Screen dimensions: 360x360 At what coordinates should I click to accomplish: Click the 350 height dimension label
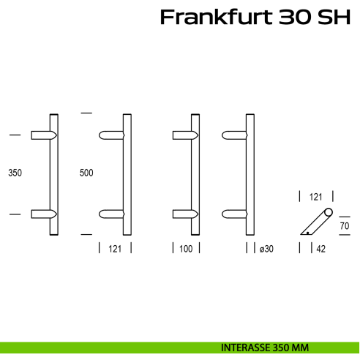(x=15, y=174)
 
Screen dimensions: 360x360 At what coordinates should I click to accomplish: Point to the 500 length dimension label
(x=86, y=173)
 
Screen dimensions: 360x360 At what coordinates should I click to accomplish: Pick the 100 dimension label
(x=185, y=250)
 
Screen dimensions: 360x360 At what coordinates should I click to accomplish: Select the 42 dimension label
(x=320, y=250)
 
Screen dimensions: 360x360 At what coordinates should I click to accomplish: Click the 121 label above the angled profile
(x=316, y=197)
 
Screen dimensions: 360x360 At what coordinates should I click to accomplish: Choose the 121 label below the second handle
(x=114, y=250)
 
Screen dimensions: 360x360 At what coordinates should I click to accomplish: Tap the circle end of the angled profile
(x=329, y=213)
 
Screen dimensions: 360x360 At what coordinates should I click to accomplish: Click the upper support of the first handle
(x=42, y=135)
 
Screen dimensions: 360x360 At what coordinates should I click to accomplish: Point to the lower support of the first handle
(x=42, y=214)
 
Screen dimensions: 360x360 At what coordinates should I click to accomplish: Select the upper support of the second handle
(x=112, y=135)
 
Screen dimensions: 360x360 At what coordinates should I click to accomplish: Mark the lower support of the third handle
(x=184, y=214)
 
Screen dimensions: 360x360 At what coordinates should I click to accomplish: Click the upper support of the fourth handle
(x=235, y=135)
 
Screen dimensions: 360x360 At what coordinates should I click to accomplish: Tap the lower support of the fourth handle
(x=235, y=214)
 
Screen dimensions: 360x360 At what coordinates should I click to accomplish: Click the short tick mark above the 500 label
(x=87, y=113)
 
